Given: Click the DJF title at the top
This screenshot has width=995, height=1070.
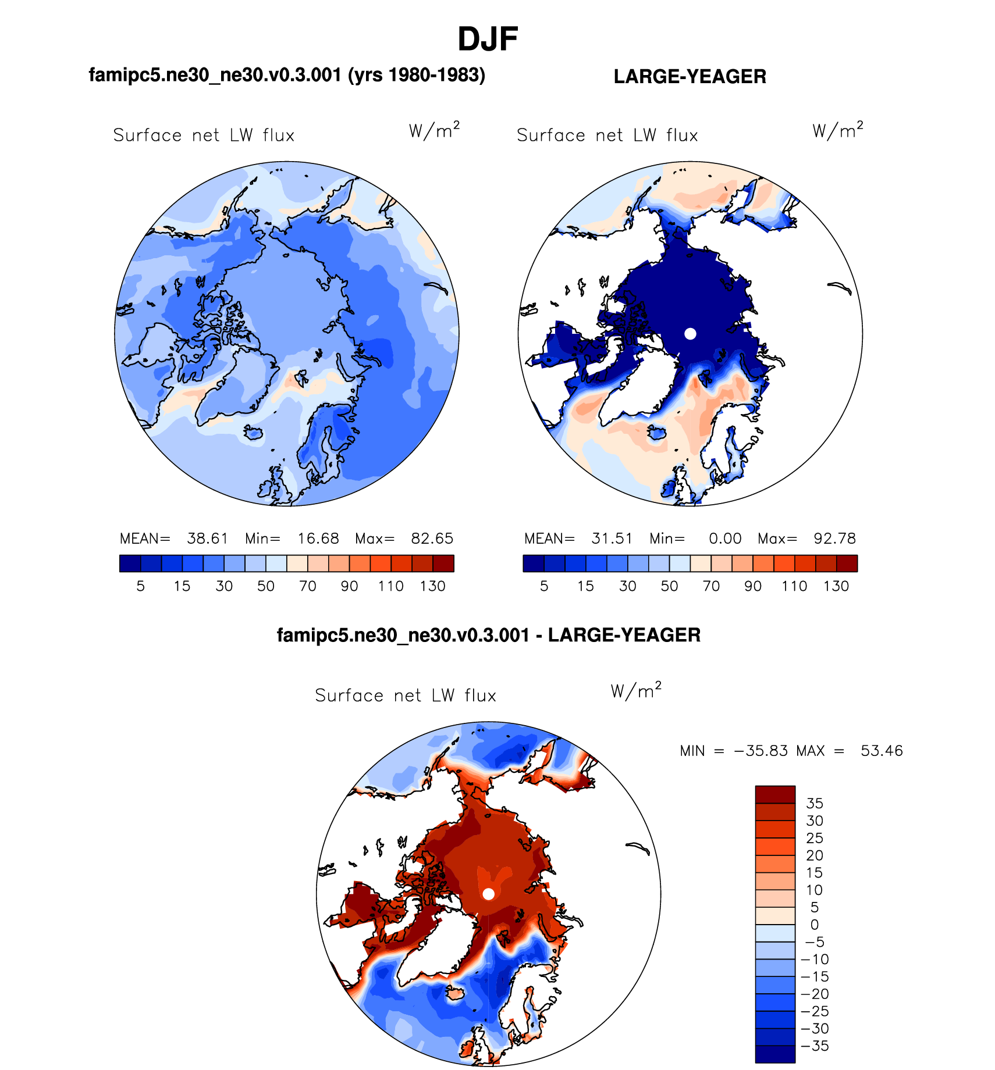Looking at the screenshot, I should pyautogui.click(x=488, y=40).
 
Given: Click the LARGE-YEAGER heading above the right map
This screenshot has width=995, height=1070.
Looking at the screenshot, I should pyautogui.click(x=690, y=77).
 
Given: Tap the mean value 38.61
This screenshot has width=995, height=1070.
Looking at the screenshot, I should pyautogui.click(x=207, y=538).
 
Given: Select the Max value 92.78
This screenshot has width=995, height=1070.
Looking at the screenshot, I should pyautogui.click(x=834, y=538).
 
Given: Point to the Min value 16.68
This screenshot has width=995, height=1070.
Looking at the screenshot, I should pyautogui.click(x=318, y=538).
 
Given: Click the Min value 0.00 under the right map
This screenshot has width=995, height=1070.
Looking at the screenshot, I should pyautogui.click(x=725, y=538).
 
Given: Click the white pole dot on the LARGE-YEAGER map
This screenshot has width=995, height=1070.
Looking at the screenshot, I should pyautogui.click(x=690, y=334).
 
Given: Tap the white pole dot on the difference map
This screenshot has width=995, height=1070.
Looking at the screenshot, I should pyautogui.click(x=489, y=894).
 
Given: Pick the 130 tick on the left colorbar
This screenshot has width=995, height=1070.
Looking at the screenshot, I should pyautogui.click(x=432, y=586).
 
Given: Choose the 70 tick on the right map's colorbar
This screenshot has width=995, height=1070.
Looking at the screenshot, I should pyautogui.click(x=711, y=586).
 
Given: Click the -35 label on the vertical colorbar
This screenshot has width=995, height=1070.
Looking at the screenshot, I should pyautogui.click(x=815, y=1046).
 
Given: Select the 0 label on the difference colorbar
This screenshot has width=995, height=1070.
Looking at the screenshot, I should pyautogui.click(x=815, y=925).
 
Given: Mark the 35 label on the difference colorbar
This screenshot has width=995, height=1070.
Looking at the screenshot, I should pyautogui.click(x=815, y=804).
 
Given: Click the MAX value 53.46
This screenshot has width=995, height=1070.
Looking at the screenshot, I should pyautogui.click(x=882, y=751).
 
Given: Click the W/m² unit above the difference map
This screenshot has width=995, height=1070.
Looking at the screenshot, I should pyautogui.click(x=636, y=690).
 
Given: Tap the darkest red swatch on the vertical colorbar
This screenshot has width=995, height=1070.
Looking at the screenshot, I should pyautogui.click(x=775, y=794).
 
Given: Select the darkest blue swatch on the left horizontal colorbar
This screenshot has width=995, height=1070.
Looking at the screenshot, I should pyautogui.click(x=130, y=563).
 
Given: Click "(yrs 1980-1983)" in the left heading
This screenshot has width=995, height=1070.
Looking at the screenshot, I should pyautogui.click(x=417, y=75).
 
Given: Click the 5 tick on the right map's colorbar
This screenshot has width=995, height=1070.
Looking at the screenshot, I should pyautogui.click(x=544, y=586).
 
